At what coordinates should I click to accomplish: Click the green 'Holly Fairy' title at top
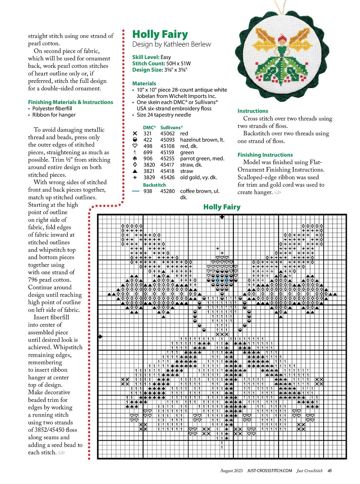point(160,34)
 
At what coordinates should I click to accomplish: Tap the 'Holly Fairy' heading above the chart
point(222,207)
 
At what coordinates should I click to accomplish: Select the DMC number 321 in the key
point(148,134)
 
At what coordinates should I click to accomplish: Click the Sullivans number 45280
point(167,191)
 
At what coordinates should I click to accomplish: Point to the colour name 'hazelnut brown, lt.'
point(202,140)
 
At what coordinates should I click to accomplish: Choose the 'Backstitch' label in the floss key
point(154,185)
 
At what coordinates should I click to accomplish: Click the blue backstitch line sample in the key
point(136,191)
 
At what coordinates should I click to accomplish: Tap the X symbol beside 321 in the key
point(135,134)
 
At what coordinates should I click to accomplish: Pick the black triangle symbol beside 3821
point(135,171)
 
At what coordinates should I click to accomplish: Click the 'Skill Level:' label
point(146,57)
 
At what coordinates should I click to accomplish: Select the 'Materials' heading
point(144,84)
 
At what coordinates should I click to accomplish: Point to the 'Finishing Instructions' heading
point(265,155)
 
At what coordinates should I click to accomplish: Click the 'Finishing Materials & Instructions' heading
point(70,102)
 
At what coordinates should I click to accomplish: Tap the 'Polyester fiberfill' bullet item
point(52,108)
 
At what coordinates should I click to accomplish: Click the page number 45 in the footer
point(330,471)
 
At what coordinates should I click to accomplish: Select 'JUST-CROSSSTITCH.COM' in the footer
point(269,471)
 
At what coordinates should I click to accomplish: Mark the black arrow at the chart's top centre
point(222,217)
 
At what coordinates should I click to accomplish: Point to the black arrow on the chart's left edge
point(100,337)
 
